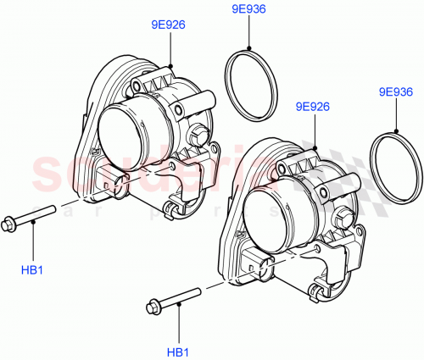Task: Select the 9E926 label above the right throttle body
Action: click(313, 107)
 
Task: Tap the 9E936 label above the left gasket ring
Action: click(248, 9)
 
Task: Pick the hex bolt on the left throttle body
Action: click(199, 133)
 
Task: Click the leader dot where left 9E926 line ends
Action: click(170, 65)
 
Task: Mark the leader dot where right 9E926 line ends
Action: click(314, 147)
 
